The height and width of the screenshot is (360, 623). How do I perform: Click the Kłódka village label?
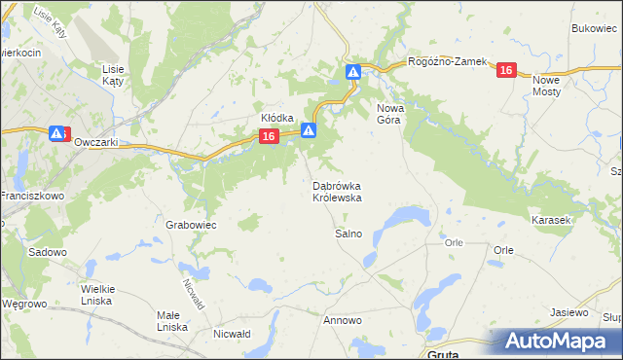click(x=277, y=118)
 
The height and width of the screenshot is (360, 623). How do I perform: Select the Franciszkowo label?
click(x=31, y=196)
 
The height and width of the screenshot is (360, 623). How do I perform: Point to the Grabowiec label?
click(x=190, y=224)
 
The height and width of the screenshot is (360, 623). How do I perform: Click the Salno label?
click(x=348, y=234)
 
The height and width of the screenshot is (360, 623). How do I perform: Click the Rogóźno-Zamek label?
click(x=447, y=61)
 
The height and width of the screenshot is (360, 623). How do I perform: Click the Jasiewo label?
click(x=569, y=312)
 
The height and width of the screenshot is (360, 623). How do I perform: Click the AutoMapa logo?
click(x=557, y=342)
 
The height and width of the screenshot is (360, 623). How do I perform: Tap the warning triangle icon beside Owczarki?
click(x=57, y=133)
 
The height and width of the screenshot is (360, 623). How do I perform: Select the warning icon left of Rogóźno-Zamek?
click(x=353, y=72)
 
